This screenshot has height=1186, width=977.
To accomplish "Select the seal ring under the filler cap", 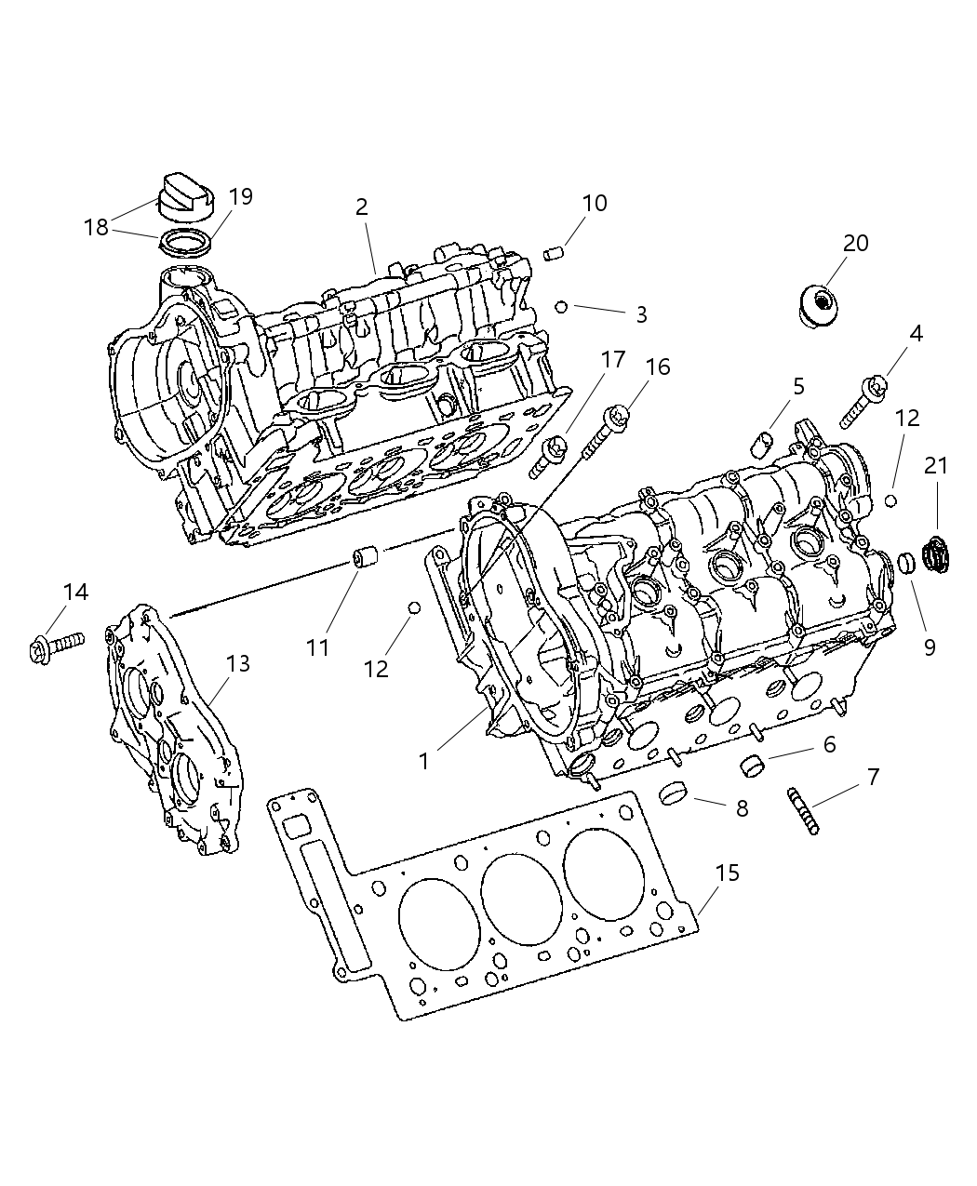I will (185, 243).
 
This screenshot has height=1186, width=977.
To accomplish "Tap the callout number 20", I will (855, 244).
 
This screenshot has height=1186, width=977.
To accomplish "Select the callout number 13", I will (238, 663).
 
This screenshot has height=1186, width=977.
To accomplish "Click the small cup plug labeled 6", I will (752, 766).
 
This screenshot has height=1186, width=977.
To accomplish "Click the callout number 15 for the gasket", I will (728, 873).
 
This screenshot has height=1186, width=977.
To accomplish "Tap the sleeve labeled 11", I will (366, 560).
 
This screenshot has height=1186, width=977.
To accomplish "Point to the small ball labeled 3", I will (561, 306).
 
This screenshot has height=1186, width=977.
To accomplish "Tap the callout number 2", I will (362, 207).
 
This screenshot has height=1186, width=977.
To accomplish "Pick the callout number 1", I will (423, 762).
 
